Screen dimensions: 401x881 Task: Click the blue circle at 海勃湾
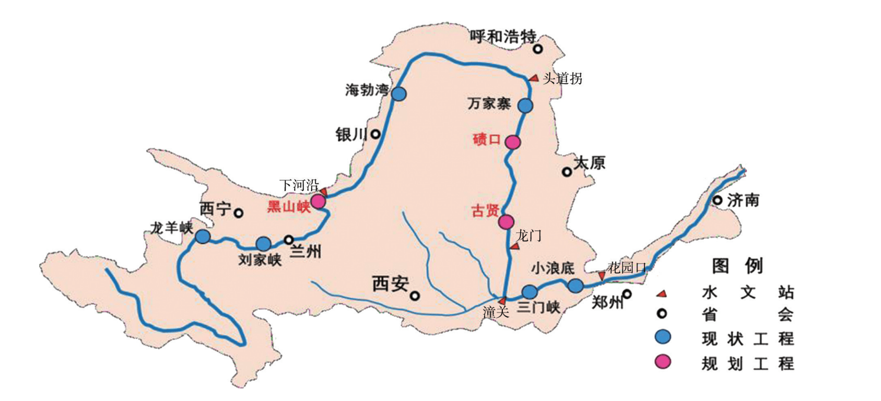[x=398, y=94]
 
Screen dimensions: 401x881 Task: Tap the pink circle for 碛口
[x=513, y=142]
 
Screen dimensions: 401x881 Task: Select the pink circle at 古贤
[x=506, y=222]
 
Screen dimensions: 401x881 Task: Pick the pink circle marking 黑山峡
[x=318, y=201]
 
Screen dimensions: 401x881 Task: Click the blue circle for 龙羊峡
[x=203, y=237]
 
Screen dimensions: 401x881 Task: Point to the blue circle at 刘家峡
[x=263, y=244]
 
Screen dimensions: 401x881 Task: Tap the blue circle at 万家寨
[x=525, y=105]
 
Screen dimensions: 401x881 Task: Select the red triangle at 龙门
[x=515, y=246]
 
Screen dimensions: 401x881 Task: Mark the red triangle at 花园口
[x=602, y=276]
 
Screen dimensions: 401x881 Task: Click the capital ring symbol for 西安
[x=415, y=296]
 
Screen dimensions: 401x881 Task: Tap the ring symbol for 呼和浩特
[x=537, y=49]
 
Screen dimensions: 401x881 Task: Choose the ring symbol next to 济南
[x=718, y=200]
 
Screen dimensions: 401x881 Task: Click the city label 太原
[x=590, y=163]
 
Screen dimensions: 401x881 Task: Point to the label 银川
[x=351, y=135]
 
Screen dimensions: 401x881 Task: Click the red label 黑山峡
[x=289, y=207]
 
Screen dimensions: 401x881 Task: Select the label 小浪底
[x=553, y=268]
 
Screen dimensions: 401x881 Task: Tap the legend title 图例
[x=737, y=266]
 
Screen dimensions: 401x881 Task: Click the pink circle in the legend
[x=663, y=362]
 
